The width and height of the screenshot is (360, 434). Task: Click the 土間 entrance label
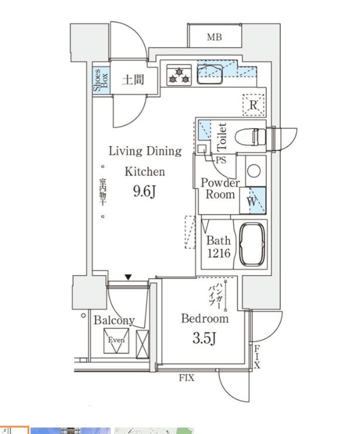pyautogui.click(x=133, y=79)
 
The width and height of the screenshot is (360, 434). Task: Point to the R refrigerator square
pyautogui.click(x=253, y=106)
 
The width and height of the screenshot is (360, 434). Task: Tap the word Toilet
pyautogui.click(x=222, y=135)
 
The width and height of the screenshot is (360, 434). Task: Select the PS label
pyautogui.click(x=220, y=160)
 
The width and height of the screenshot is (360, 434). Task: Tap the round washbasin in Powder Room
pyautogui.click(x=253, y=171)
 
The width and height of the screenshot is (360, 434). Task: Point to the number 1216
pyautogui.click(x=218, y=254)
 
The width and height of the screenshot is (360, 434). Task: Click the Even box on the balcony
pyautogui.click(x=115, y=341)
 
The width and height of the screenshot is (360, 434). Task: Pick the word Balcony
pyautogui.click(x=114, y=320)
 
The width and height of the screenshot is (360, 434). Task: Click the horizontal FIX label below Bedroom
pyautogui.click(x=186, y=378)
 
